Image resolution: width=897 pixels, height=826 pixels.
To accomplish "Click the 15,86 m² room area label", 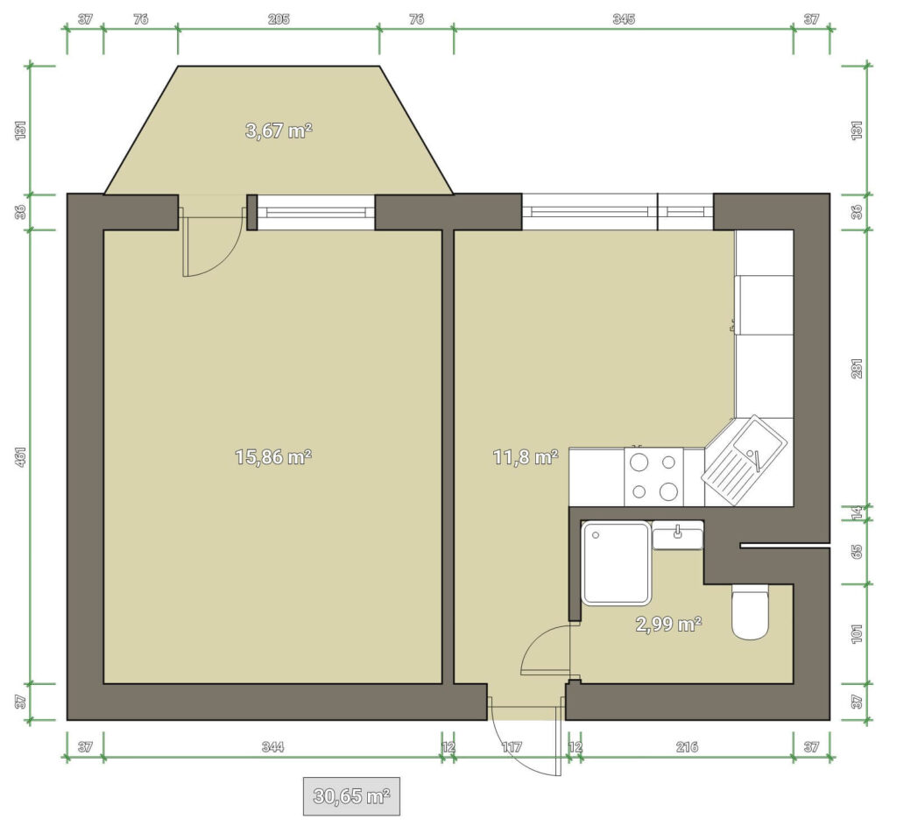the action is tap(273, 457).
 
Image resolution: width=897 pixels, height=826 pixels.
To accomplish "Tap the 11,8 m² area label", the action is tap(526, 457).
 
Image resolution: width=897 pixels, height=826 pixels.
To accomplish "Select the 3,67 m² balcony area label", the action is tap(279, 131).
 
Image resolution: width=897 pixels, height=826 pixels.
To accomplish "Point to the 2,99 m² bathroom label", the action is tap(668, 624).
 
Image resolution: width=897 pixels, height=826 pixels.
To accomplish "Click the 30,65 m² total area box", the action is tap(351, 795).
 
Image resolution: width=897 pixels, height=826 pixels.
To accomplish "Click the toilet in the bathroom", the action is tap(751, 611).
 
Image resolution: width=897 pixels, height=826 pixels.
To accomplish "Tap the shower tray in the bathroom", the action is tap(616, 563).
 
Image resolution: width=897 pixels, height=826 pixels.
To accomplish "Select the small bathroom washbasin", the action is tap(678, 536).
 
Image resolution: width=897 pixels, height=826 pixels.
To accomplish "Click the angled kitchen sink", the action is tap(745, 461).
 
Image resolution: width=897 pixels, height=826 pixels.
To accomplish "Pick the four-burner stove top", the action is tap(653, 477).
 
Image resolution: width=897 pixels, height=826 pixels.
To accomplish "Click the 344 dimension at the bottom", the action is tap(273, 746).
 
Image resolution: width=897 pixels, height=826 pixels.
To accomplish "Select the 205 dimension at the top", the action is tap(279, 19).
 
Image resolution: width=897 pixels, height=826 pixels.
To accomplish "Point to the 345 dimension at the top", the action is tap(624, 19).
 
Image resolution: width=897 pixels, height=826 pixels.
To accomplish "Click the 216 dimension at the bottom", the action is tap(687, 746).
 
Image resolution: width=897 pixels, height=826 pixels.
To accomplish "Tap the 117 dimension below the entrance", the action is tap(512, 746).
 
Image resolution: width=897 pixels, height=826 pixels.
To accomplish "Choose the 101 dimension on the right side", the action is tap(857, 634).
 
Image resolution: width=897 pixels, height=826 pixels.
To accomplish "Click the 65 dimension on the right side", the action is tap(857, 552).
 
